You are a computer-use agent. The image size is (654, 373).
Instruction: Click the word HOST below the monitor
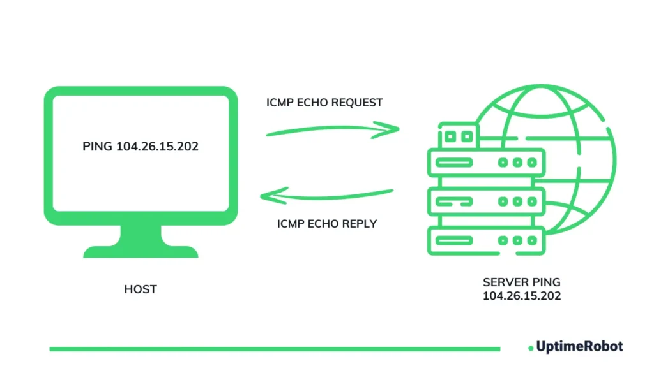141,289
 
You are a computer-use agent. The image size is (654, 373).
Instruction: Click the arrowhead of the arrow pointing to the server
393,129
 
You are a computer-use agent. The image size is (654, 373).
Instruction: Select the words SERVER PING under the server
522,282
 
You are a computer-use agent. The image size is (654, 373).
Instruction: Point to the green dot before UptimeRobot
531,348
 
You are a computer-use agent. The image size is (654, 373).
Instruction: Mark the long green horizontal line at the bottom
275,349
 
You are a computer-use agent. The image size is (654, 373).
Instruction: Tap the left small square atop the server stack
451,136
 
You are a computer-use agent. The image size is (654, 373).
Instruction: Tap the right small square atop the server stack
466,136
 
